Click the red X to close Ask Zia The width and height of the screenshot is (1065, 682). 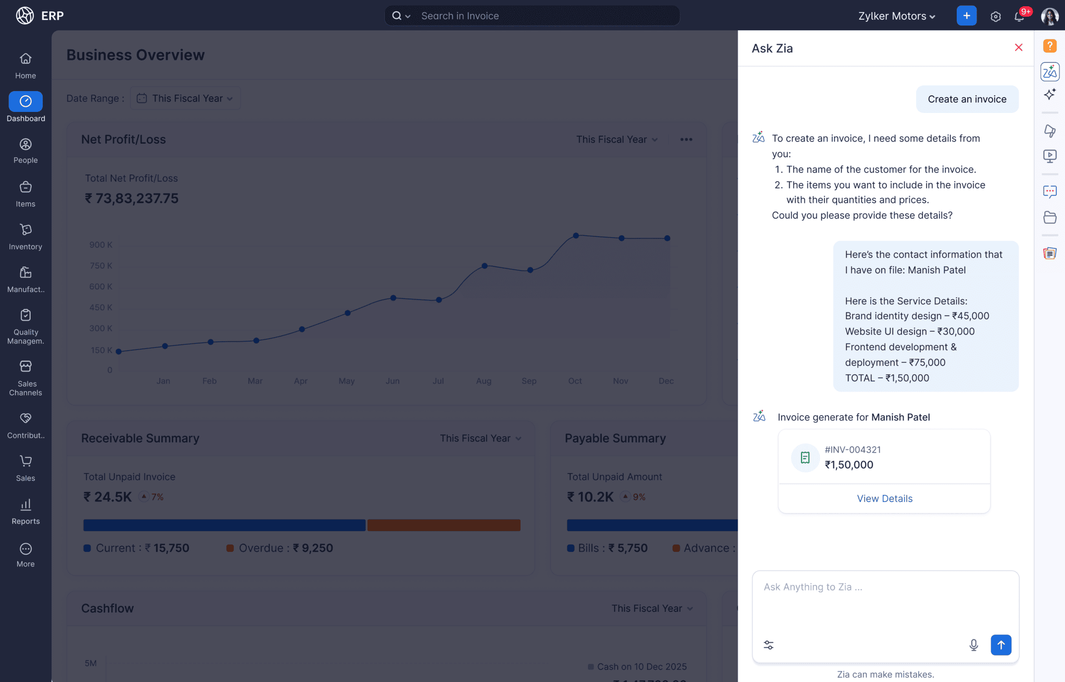point(1019,48)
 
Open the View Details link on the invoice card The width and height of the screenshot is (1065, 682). point(884,498)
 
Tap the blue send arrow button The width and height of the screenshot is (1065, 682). point(1000,645)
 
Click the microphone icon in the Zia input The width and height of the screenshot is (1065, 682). point(973,645)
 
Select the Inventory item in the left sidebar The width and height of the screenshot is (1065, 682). point(26,236)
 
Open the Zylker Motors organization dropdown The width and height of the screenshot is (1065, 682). point(896,16)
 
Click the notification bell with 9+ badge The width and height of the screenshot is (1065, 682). point(1019,16)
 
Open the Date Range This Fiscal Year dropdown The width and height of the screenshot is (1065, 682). point(186,98)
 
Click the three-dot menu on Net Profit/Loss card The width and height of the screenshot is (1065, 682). point(686,140)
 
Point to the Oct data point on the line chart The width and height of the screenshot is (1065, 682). point(576,236)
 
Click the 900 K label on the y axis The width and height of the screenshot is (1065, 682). point(100,245)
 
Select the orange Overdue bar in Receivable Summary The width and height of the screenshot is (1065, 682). point(443,525)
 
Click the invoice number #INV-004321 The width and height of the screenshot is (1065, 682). point(853,449)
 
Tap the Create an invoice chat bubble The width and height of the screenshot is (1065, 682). point(967,99)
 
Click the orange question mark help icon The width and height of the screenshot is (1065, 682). point(1049,46)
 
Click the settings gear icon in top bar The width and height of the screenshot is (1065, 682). point(995,16)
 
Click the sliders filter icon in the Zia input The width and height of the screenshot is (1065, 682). point(768,645)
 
